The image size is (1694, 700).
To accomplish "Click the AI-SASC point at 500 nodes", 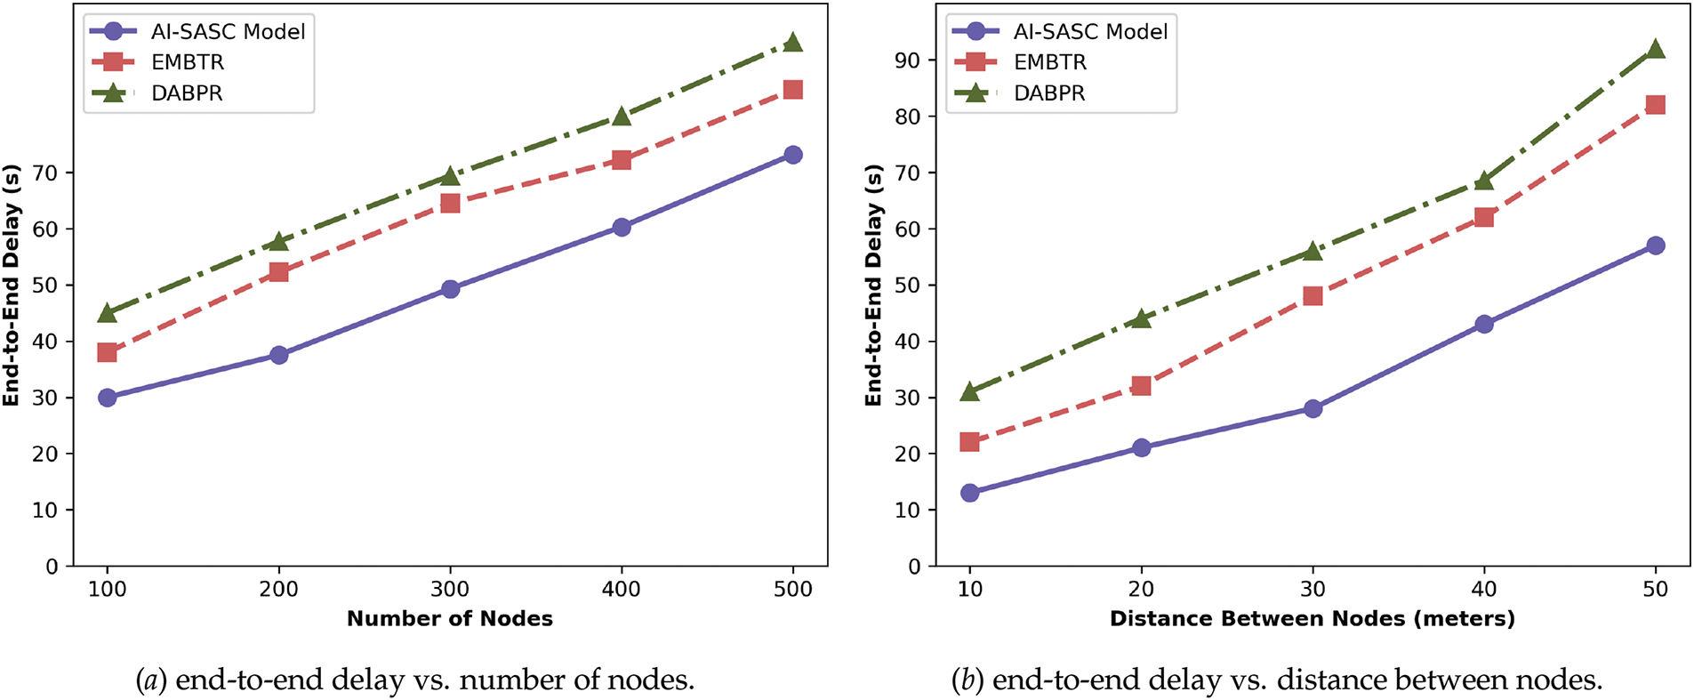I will coord(792,155).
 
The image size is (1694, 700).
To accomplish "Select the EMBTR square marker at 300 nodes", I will coord(450,204).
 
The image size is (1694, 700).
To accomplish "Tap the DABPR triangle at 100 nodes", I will coord(108,312).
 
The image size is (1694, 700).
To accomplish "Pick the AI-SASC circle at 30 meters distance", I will coord(1313,408).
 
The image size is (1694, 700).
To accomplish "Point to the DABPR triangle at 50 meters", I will coord(1655,49).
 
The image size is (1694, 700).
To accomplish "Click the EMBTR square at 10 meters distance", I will coord(970,442).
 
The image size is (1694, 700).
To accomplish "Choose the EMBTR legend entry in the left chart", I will coord(187,62).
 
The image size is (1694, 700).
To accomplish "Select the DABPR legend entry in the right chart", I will coord(1048,93).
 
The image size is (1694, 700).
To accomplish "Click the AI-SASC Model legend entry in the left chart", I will coord(228,32).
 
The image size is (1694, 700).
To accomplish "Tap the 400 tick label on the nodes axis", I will coord(621,589).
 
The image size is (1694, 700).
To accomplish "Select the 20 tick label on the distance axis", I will coord(1141,589).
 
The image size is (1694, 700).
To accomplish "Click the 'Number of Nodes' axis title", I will coord(449,619).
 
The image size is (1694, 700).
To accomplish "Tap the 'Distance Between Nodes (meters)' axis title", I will coord(1312,619).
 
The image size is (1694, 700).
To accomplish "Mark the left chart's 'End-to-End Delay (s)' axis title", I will coord(12,285).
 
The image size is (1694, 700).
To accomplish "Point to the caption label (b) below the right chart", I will coord(967,680).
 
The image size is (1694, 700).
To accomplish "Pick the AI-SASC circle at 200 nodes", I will coord(278,355).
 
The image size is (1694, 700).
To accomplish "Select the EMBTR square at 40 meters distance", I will coord(1483,217).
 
